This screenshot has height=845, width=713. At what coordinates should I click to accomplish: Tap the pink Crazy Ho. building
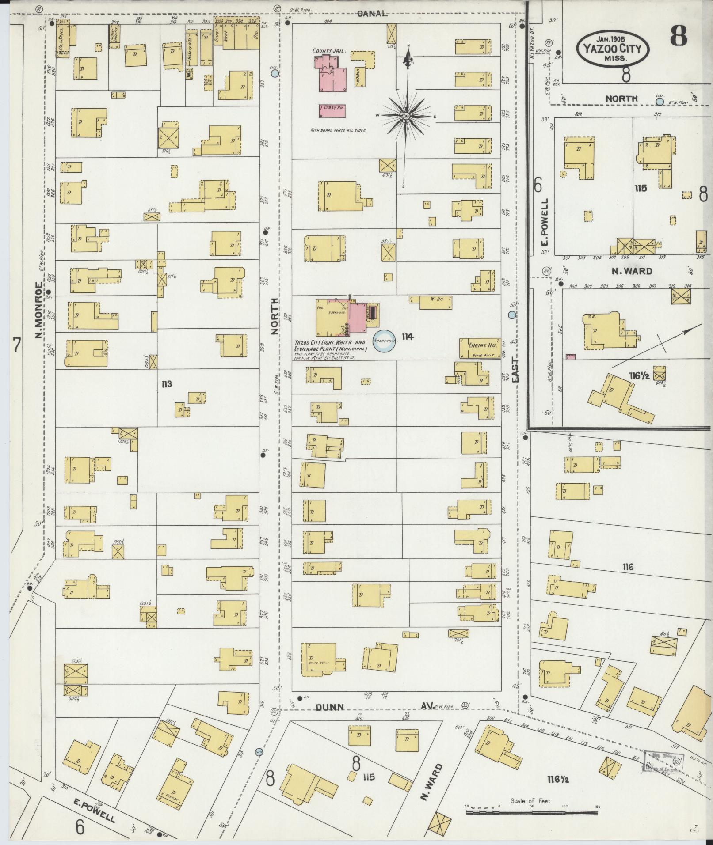(332, 110)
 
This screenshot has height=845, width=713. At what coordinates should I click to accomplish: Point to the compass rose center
(406, 116)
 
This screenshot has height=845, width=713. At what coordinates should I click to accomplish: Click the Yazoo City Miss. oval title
(613, 49)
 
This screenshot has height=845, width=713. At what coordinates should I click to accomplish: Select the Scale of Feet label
(530, 800)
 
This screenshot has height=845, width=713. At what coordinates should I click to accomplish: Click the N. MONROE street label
(39, 309)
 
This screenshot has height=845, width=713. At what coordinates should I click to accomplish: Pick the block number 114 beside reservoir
(407, 337)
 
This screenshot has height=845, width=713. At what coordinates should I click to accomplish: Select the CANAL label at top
(372, 14)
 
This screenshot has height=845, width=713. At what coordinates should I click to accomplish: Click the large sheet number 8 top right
(679, 37)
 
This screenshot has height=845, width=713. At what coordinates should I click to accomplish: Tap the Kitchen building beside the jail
(357, 76)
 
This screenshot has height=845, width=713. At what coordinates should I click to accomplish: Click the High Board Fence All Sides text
(339, 130)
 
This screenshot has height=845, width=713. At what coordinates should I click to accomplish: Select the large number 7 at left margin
(17, 345)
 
